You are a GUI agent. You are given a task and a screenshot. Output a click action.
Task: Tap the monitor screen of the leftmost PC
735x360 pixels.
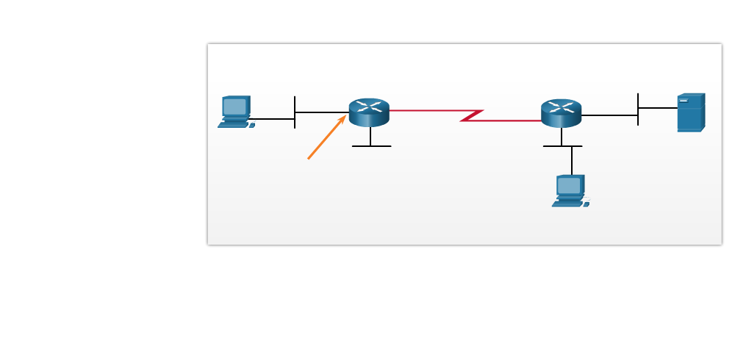coord(234,107)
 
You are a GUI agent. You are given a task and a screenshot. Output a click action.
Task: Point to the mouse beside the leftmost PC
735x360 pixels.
coord(252,126)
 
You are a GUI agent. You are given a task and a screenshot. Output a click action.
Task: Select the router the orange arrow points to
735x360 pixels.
coord(369,112)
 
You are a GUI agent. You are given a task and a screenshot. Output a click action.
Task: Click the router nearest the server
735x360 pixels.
coord(561,113)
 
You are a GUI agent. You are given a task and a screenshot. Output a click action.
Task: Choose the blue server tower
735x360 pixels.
coord(690,113)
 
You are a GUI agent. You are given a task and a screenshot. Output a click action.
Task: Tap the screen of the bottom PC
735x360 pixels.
coord(568,185)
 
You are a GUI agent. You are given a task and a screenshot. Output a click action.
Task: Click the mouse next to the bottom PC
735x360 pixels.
coord(587,204)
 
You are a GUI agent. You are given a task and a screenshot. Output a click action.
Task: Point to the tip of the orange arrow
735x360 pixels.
coord(345,116)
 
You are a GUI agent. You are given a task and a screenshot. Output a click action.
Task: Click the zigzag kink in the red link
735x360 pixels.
coord(471,115)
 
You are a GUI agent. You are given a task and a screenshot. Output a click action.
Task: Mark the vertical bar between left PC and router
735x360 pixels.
coord(295,112)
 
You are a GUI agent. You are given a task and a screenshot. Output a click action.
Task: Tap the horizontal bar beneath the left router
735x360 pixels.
coord(371,146)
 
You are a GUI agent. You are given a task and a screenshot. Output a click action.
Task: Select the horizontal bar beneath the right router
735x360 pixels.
coord(562,146)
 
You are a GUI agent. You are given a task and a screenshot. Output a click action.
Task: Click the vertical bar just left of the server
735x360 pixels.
coord(638,109)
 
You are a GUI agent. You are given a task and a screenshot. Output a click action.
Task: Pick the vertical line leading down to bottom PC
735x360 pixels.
coord(572,160)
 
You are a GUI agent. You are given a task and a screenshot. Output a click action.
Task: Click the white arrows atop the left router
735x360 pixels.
coord(369,106)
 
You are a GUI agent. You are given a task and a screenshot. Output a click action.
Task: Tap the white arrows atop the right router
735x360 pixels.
coord(561,107)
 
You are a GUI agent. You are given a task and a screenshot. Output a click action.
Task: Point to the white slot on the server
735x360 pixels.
coord(684,101)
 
